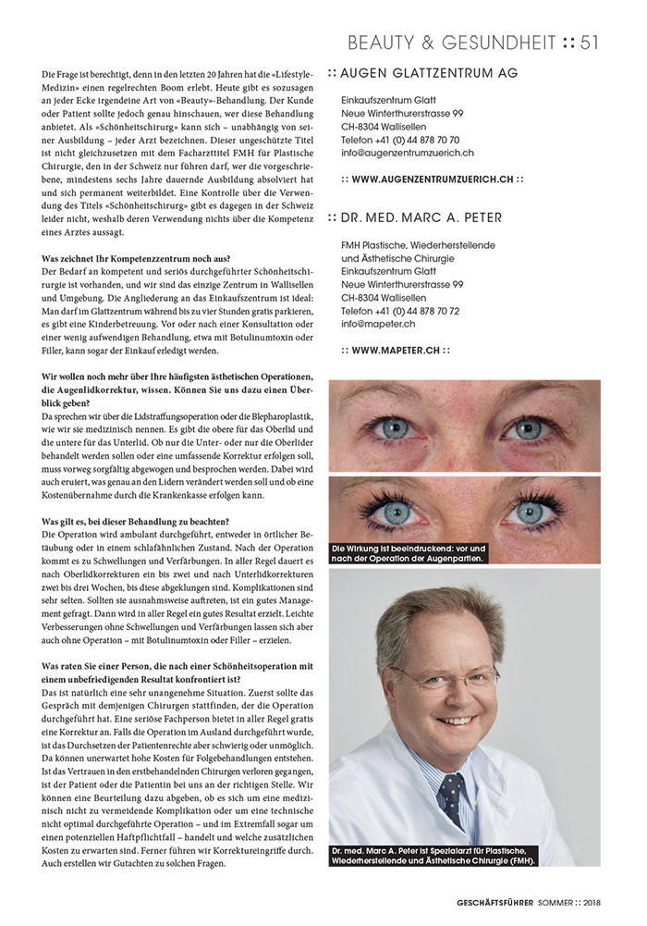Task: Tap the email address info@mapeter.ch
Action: coord(378,324)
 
